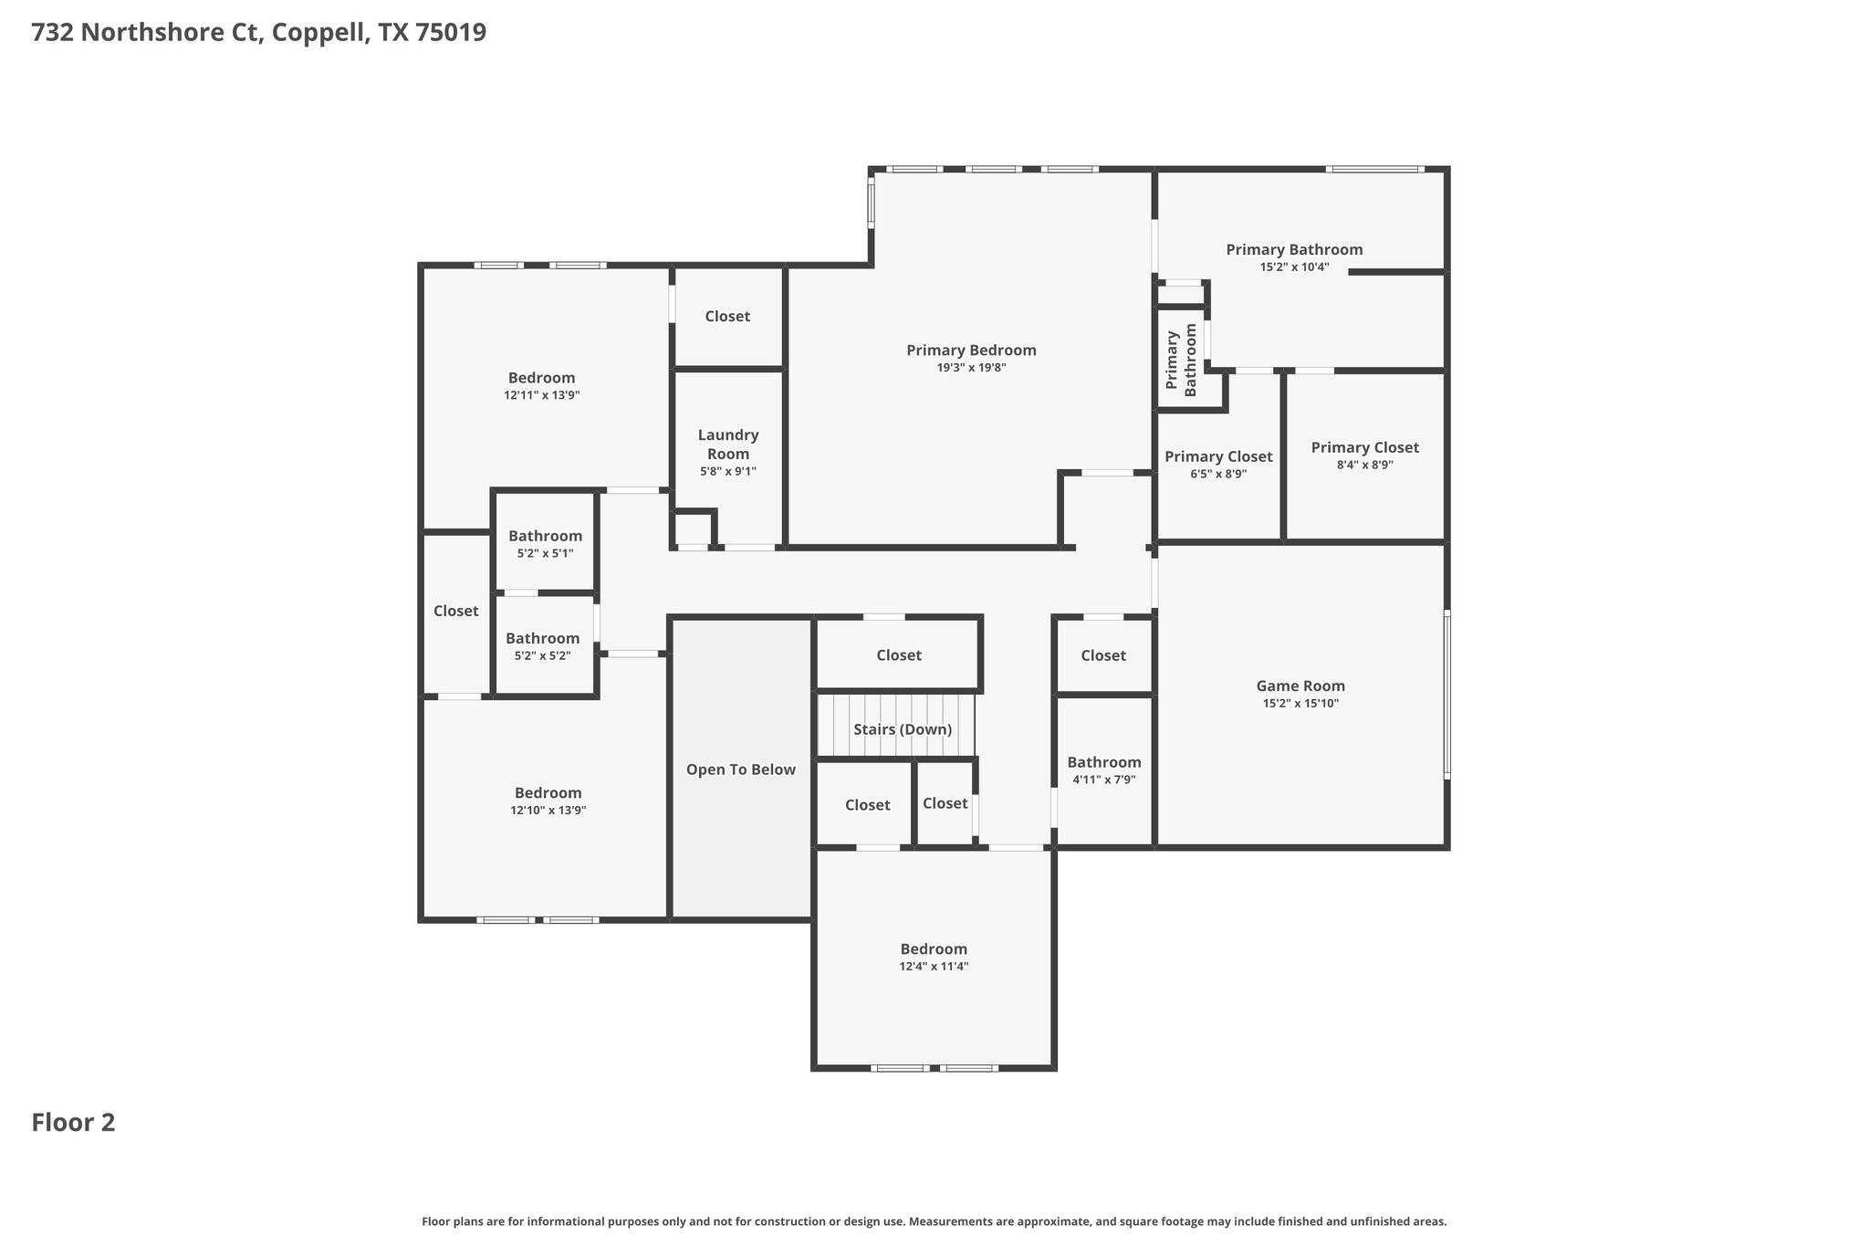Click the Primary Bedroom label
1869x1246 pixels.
[x=971, y=351]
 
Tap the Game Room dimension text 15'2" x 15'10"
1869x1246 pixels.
[x=1300, y=704]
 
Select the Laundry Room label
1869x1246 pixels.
[x=728, y=445]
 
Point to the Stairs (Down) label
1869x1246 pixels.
[x=903, y=729]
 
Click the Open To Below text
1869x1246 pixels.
[x=741, y=770]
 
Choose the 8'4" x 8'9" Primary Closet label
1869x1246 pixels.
[x=1364, y=447]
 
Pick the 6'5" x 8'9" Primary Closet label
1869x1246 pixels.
[x=1218, y=456]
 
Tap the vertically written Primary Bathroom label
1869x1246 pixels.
[x=1181, y=360]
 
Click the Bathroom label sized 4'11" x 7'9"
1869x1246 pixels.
[x=1104, y=762]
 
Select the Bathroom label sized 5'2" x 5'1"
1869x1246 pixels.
[x=545, y=536]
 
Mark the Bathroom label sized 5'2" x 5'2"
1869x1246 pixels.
[x=542, y=638]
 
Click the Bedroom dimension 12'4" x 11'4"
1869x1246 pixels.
[x=934, y=967]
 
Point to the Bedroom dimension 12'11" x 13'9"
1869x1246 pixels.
[x=542, y=395]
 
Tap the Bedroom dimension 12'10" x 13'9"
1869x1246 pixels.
[x=548, y=811]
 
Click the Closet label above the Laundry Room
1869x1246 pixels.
[x=727, y=316]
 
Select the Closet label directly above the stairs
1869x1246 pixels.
[x=899, y=655]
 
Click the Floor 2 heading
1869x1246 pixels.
[x=73, y=1123]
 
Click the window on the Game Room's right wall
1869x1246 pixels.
[x=1446, y=694]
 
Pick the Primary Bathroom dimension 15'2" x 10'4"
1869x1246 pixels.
[x=1294, y=267]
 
